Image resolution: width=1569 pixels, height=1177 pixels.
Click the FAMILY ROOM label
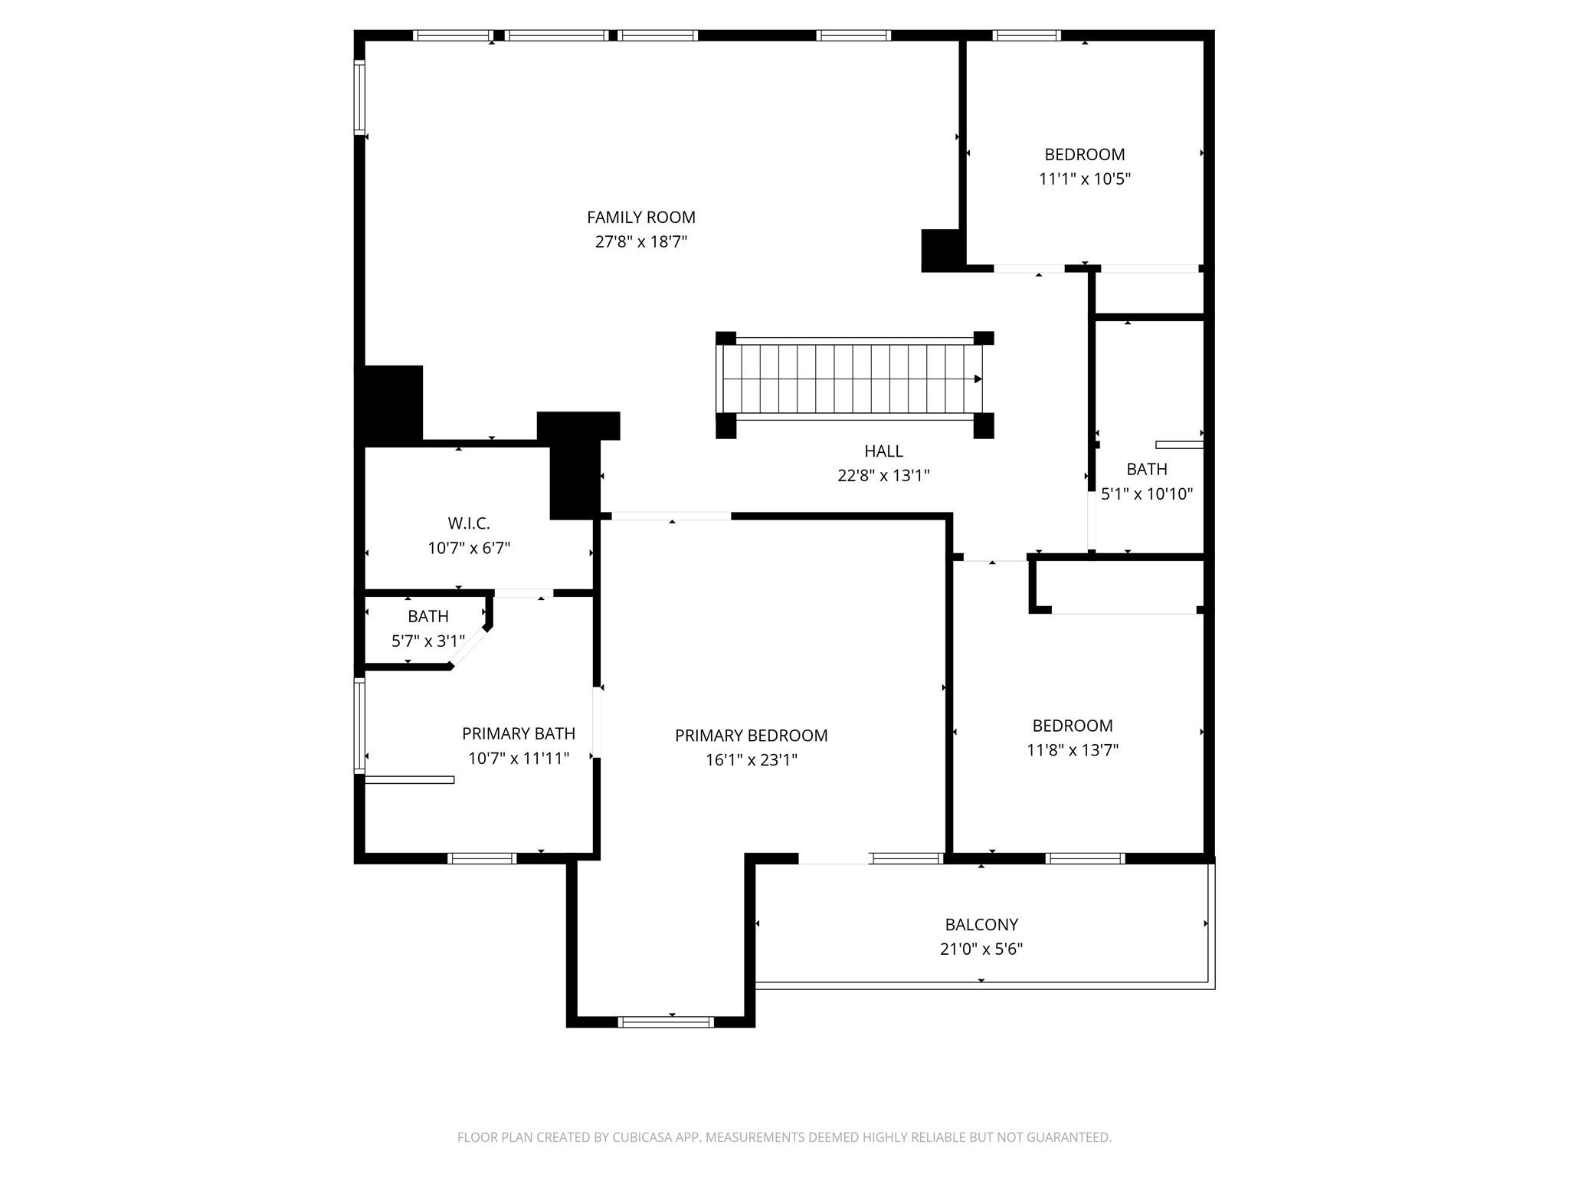click(640, 218)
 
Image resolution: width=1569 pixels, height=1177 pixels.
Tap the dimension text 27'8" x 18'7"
click(640, 242)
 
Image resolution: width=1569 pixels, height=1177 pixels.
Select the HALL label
click(883, 451)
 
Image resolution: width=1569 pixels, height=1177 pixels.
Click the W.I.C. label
click(468, 523)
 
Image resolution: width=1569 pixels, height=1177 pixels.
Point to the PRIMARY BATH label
click(518, 734)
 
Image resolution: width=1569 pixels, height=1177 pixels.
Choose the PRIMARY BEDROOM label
click(751, 736)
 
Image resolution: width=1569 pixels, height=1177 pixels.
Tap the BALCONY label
click(981, 925)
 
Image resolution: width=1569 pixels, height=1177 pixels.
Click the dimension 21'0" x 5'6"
click(981, 949)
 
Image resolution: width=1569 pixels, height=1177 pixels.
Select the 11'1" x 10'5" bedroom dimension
click(1084, 179)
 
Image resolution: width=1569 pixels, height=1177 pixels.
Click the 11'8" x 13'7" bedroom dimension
click(1072, 750)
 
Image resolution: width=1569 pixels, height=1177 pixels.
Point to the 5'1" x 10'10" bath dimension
click(1146, 494)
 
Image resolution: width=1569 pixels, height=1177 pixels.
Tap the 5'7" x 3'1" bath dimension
click(427, 641)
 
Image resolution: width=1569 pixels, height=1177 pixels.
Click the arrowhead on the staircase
click(978, 379)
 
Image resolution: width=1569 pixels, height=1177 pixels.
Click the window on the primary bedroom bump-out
click(665, 1021)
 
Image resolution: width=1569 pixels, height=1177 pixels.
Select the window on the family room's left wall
click(359, 97)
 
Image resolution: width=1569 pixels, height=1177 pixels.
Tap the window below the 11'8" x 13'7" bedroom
click(1085, 858)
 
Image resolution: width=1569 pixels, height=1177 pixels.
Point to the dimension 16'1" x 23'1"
click(751, 760)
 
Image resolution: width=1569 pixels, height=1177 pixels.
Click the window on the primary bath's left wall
click(359, 725)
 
